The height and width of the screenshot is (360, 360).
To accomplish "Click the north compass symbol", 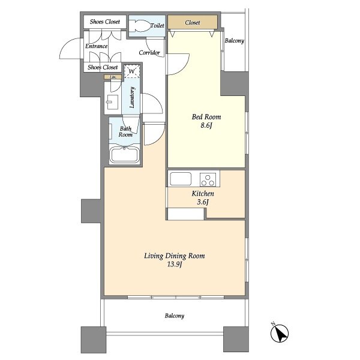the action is pyautogui.click(x=279, y=332).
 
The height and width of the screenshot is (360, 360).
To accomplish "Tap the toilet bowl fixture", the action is pyautogui.click(x=139, y=26).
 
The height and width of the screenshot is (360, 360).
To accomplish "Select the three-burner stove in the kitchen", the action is pyautogui.click(x=208, y=179).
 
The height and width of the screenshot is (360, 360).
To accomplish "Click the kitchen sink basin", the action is pyautogui.click(x=181, y=179).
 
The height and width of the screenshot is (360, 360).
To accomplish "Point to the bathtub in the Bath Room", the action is pyautogui.click(x=124, y=155).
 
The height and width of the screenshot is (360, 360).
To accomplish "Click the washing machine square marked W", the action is pyautogui.click(x=132, y=71).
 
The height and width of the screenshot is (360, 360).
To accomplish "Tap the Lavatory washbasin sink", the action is pyautogui.click(x=112, y=102).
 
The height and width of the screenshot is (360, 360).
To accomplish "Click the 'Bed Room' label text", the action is pyautogui.click(x=206, y=117).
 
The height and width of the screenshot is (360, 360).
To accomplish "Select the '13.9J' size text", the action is pyautogui.click(x=175, y=264).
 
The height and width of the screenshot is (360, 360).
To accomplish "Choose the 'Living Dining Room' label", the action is pyautogui.click(x=175, y=256).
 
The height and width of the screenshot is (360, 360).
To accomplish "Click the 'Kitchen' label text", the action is pyautogui.click(x=203, y=194).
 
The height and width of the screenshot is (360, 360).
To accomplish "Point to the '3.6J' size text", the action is pyautogui.click(x=203, y=202).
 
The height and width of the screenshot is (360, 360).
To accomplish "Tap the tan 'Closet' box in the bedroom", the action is pyautogui.click(x=193, y=22).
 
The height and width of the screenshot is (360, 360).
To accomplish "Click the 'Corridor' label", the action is pyautogui.click(x=149, y=53).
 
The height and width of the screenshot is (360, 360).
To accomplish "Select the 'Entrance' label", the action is pyautogui.click(x=97, y=46).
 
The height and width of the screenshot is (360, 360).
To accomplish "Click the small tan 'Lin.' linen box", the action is pyautogui.click(x=113, y=77).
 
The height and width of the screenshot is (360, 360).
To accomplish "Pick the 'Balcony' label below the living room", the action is pyautogui.click(x=175, y=316).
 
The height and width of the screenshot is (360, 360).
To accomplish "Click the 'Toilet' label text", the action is pyautogui.click(x=157, y=25).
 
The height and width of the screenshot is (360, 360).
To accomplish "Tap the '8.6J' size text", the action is pyautogui.click(x=206, y=125).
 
